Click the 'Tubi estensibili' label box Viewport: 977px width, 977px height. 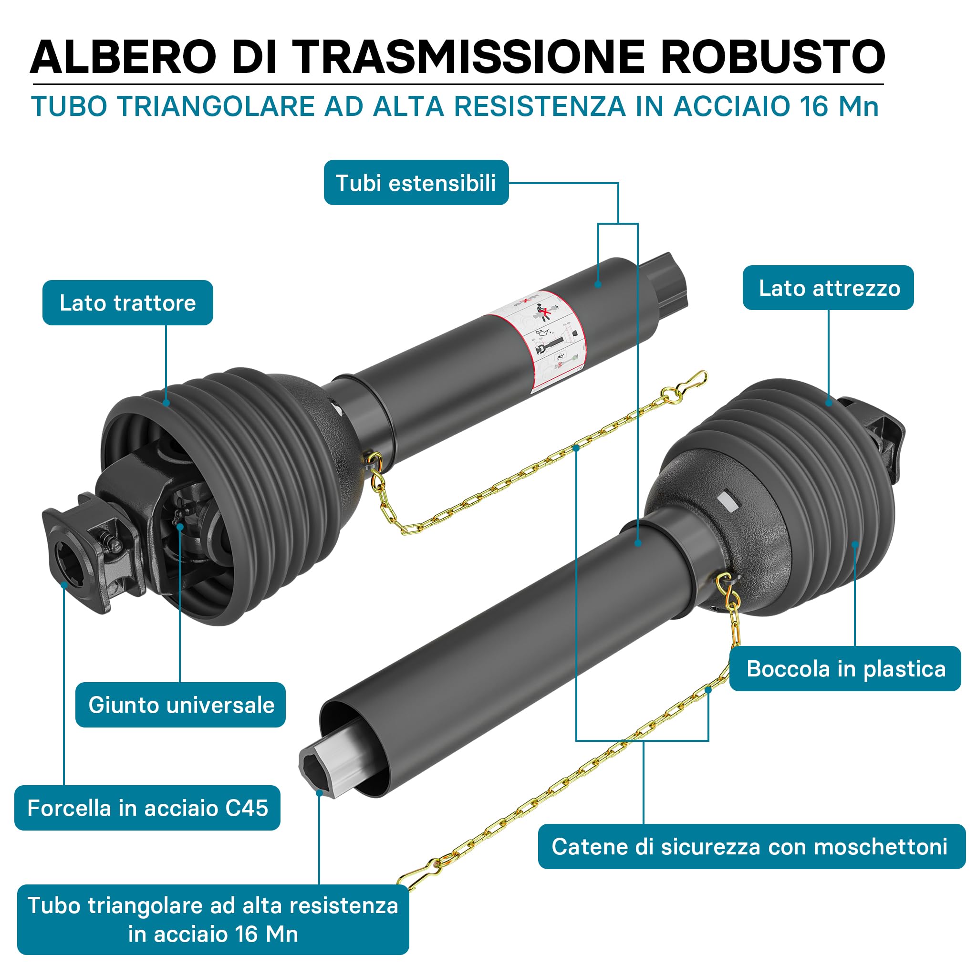coord(416,183)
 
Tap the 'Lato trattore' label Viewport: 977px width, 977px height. coord(127,302)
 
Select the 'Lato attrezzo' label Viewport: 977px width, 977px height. coord(828,288)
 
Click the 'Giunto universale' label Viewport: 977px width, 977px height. coord(180,705)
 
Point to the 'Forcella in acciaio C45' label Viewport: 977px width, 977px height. coord(147,808)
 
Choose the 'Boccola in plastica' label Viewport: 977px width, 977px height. coord(845,668)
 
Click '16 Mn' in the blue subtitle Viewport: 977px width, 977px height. coord(839,106)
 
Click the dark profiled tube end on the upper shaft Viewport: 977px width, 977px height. coord(668,283)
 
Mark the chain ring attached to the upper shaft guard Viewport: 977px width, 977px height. coord(374,461)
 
